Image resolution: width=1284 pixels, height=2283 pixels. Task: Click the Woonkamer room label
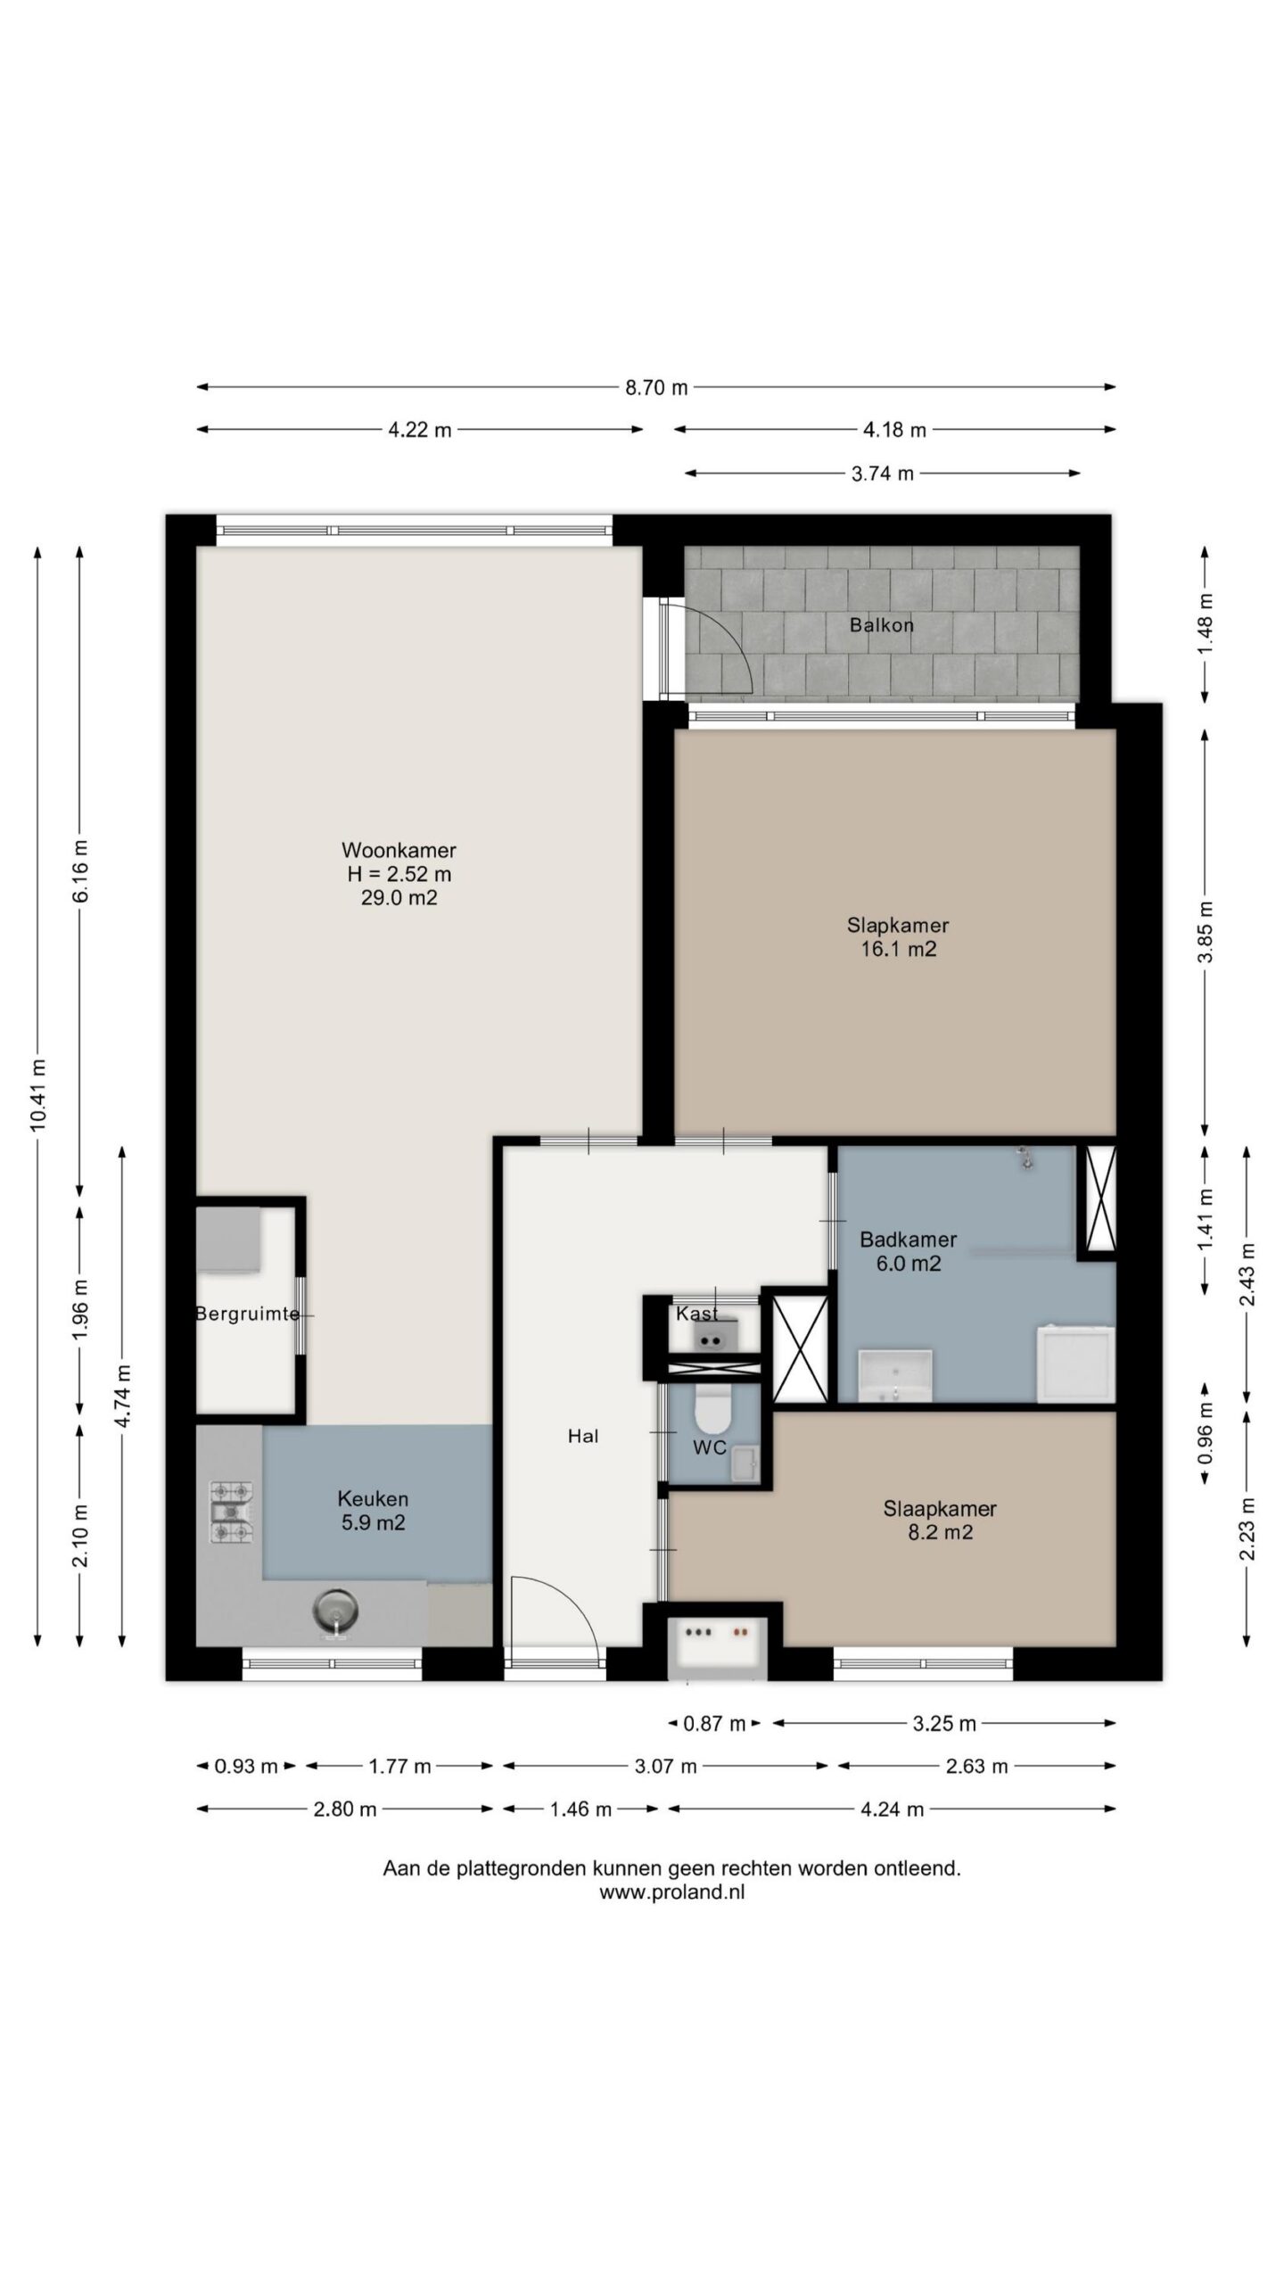click(x=399, y=850)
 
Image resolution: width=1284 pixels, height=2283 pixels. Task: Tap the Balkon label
click(x=881, y=625)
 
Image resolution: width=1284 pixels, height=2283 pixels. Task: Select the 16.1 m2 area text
click(x=898, y=949)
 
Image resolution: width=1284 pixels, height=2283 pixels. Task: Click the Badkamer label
click(x=908, y=1239)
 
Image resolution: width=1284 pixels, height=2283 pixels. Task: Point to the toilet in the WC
click(x=712, y=1408)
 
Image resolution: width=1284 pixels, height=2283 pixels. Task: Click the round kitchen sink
click(x=336, y=1611)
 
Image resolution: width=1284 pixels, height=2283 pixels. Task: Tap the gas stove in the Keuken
click(x=231, y=1512)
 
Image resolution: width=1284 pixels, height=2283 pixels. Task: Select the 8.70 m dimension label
click(x=656, y=387)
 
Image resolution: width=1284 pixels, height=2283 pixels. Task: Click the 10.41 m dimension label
click(x=38, y=1094)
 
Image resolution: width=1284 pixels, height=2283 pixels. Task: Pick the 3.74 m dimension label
click(x=882, y=474)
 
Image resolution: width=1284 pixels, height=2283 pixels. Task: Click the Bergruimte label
click(x=247, y=1314)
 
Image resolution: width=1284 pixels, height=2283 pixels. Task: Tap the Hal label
click(x=583, y=1436)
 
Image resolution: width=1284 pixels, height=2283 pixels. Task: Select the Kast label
click(x=696, y=1313)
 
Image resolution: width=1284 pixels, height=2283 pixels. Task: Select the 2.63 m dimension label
click(x=976, y=1767)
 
